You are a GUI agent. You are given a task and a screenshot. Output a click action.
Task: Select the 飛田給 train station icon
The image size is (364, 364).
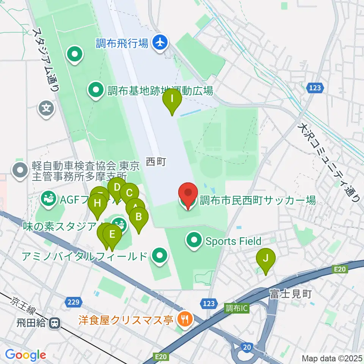[55, 323]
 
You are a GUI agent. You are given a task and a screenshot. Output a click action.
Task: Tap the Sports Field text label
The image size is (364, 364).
[233, 241]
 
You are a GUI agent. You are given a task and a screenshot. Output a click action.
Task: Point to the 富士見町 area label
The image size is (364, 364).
[290, 294]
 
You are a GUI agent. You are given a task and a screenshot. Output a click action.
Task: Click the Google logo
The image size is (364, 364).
[25, 355]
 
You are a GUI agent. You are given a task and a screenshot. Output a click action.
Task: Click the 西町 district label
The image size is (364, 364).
[156, 163]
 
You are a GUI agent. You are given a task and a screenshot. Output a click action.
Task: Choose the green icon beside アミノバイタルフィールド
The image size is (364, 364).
[159, 256]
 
